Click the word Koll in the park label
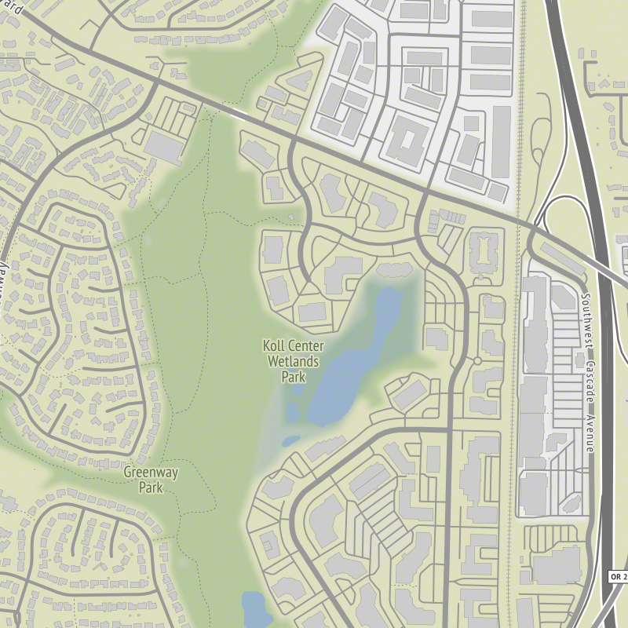coord(275,346)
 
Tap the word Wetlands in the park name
coord(294,361)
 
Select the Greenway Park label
coord(150,480)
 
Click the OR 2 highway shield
coord(619,577)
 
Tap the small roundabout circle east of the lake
coord(477,360)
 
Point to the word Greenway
coord(150,473)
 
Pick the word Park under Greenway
coord(150,487)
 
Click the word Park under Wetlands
coord(293,376)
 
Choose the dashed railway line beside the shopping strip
coord(515,392)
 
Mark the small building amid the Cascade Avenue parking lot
coord(562,297)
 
